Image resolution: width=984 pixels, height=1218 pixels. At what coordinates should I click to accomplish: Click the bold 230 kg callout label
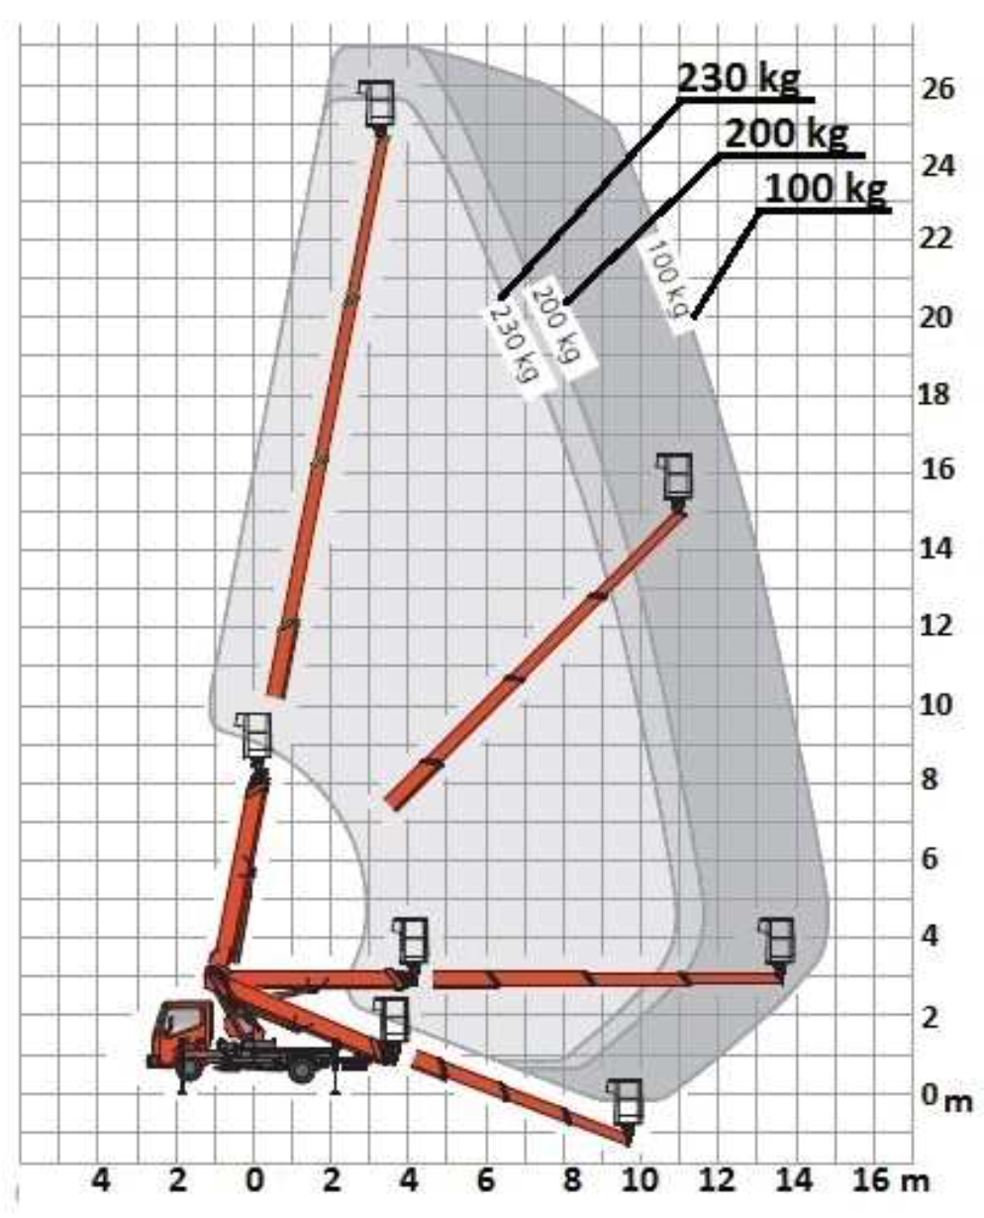click(738, 77)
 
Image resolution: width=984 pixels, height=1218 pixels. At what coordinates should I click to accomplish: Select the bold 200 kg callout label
click(786, 135)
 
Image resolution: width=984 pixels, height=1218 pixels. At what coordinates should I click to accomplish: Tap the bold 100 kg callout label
click(825, 189)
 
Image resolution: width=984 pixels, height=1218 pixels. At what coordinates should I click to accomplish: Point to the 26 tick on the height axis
click(935, 89)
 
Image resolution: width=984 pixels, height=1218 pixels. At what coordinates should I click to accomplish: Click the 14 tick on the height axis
click(935, 549)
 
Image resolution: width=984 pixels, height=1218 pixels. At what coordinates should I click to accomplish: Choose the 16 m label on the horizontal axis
click(890, 1180)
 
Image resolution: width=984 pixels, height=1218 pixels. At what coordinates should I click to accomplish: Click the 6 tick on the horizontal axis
click(485, 1180)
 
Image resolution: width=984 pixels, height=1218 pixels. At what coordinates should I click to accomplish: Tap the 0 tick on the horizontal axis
click(255, 1180)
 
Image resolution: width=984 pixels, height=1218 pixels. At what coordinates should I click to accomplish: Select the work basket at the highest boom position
click(377, 105)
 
